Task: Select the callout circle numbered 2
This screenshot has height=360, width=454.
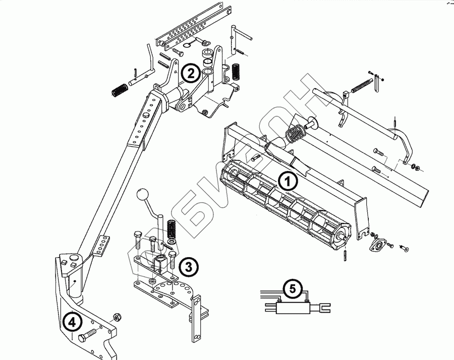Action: click(x=190, y=74)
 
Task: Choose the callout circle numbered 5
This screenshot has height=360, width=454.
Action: click(x=293, y=289)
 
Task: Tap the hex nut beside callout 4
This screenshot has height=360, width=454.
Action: click(x=116, y=317)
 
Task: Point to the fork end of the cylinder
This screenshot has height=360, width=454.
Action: click(x=324, y=306)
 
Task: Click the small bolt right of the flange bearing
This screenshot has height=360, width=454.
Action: click(x=405, y=248)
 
